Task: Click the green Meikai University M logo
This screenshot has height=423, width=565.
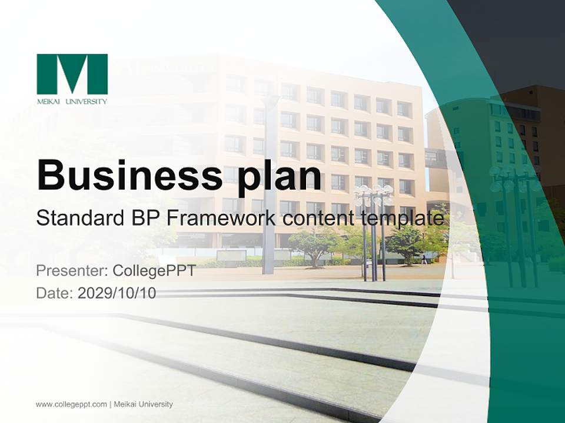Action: point(72,74)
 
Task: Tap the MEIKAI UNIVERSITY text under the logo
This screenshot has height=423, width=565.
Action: point(72,101)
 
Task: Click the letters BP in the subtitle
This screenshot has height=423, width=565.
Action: point(145,218)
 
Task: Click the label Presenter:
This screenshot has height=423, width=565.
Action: point(72,271)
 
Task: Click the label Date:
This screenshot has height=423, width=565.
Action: point(55,293)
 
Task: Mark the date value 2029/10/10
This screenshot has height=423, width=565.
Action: point(117,293)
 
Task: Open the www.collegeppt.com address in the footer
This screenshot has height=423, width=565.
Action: point(71,404)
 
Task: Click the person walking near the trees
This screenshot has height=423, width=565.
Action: point(424,258)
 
